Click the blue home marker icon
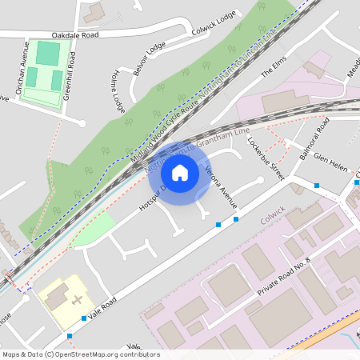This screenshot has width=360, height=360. (x=180, y=172)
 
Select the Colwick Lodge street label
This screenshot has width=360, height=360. (x=214, y=23)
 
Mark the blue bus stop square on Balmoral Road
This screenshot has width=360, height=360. (x=318, y=185)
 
